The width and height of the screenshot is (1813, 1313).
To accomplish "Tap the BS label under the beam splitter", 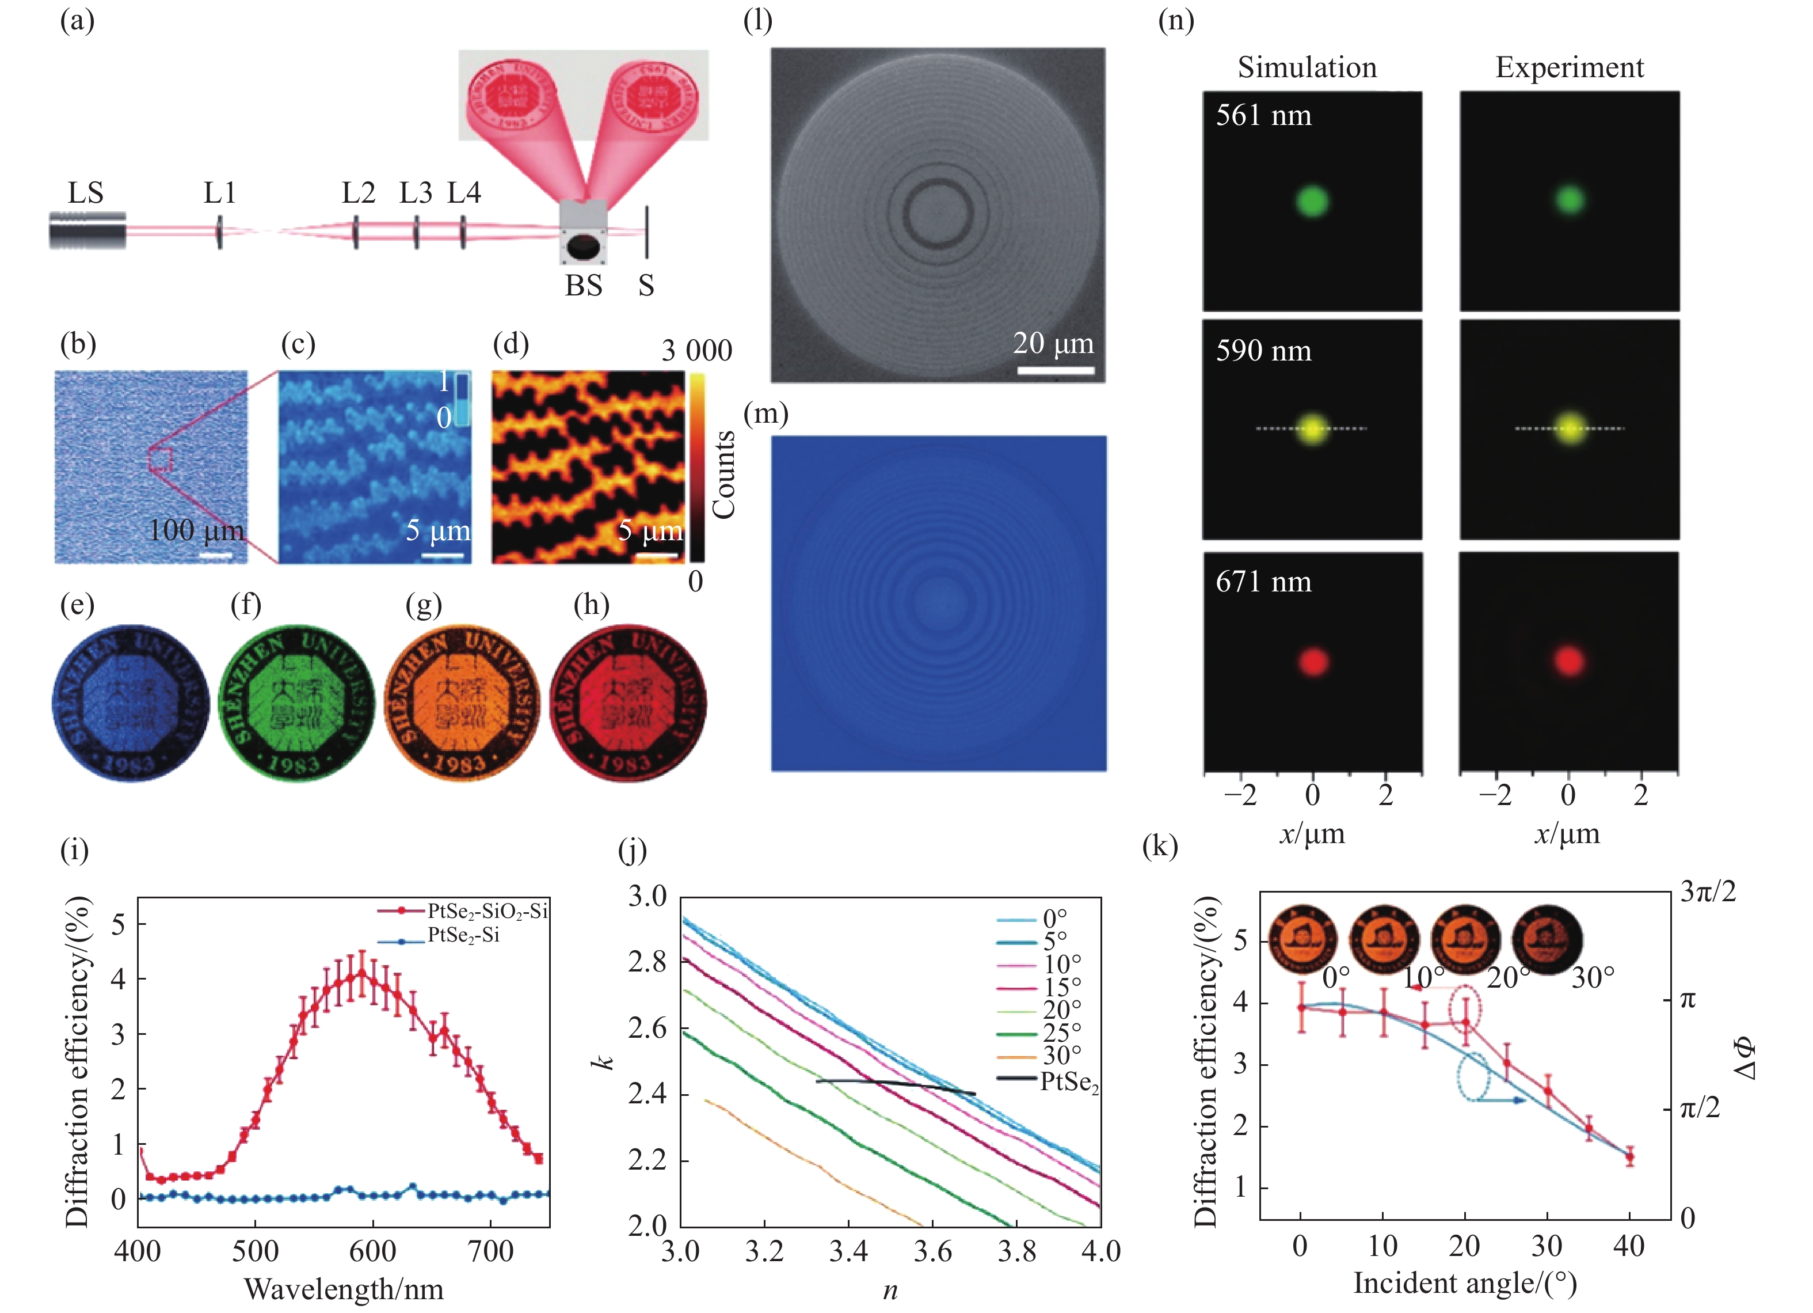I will coord(584,286).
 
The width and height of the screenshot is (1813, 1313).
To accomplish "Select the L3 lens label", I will coord(416,193).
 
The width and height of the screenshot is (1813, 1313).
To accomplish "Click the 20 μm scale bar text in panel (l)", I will coord(1053,343).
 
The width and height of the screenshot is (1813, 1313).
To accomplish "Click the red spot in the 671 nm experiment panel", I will coord(1568,661).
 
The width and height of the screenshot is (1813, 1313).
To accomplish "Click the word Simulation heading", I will coord(1307,68).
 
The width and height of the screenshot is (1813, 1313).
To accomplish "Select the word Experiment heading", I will coord(1569,68).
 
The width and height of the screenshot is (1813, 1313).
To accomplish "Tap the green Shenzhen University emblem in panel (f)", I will coord(296,703).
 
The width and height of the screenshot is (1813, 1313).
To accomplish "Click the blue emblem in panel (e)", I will coord(130,703).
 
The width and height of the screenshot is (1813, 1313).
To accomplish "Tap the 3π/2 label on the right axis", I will coord(1708,891).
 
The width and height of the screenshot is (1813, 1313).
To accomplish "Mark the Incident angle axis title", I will coord(1464,1284).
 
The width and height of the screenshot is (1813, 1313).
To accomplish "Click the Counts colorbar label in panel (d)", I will coord(723,474).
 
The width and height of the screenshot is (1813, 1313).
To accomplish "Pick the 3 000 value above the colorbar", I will coord(696,351).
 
